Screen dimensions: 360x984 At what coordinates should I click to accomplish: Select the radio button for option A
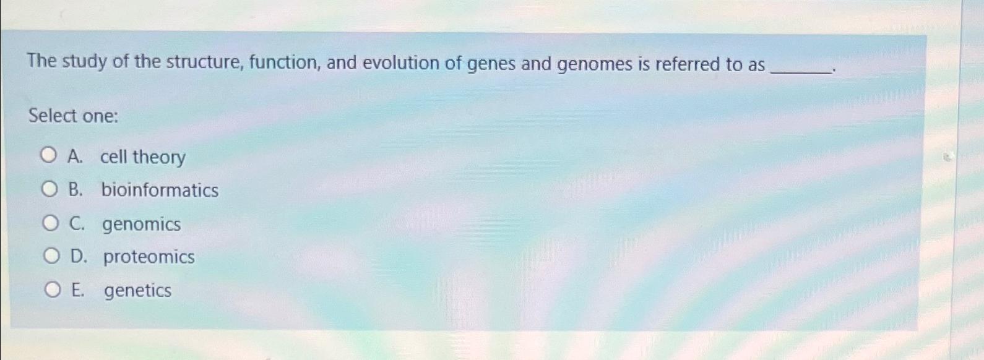pos(49,156)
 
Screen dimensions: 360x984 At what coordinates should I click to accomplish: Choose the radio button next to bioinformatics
pos(50,189)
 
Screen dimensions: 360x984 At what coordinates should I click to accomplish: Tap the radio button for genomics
pos(51,223)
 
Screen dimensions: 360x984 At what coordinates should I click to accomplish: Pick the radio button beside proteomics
pos(52,256)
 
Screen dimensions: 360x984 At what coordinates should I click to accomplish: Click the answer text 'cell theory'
pos(142,157)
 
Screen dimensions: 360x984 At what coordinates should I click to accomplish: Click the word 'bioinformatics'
pos(160,190)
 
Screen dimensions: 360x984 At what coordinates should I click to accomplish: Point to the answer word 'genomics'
pos(141,224)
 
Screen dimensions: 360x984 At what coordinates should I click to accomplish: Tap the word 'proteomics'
pos(149,257)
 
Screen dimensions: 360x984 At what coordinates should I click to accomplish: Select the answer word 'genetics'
pos(137,290)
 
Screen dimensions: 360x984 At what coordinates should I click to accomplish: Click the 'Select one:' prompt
pos(73,116)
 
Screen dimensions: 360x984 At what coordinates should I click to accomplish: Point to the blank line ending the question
pos(801,71)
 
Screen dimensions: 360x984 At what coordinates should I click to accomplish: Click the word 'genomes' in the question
pos(595,64)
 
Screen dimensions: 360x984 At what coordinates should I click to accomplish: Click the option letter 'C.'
pos(77,223)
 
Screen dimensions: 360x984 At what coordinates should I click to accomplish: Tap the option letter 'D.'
pos(79,257)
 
